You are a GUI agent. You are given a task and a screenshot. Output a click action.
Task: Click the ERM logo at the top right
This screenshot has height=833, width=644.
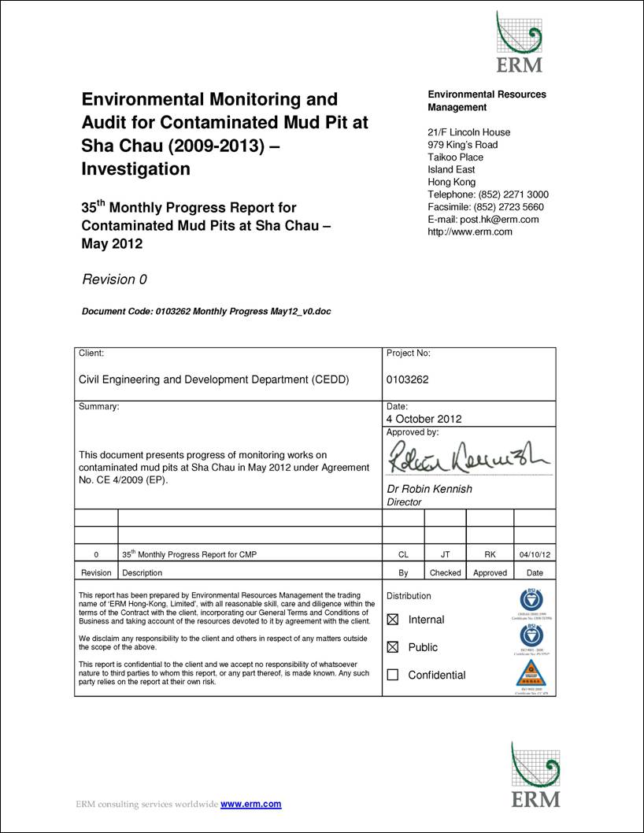pos(519,43)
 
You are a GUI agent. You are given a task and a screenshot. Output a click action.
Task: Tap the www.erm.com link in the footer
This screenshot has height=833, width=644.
pos(250,804)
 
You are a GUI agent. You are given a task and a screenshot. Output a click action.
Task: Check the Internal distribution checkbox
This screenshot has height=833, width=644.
pos(393,620)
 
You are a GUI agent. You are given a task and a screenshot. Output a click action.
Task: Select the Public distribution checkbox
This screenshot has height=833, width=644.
pos(393,647)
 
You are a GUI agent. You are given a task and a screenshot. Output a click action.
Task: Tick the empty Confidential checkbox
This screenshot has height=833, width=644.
pos(393,675)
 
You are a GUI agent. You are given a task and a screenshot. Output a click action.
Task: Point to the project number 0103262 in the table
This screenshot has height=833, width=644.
pos(407,379)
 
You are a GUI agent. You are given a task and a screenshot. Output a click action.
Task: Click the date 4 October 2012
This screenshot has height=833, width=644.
pos(424,419)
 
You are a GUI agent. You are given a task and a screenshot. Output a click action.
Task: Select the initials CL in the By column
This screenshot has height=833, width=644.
pos(403,555)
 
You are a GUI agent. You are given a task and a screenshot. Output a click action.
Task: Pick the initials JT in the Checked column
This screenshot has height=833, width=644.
pos(445,555)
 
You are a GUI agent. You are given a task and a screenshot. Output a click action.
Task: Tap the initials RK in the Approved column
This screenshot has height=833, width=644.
pos(490,555)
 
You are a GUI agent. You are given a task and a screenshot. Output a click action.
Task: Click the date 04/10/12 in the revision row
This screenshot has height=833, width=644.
pos(535,555)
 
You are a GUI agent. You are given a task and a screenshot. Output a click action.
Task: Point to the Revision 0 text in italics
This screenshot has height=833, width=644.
pos(114,280)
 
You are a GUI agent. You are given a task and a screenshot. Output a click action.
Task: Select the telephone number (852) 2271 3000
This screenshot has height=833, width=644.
pos(513,194)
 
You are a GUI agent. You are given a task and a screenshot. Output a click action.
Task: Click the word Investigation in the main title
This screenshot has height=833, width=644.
pos(136,169)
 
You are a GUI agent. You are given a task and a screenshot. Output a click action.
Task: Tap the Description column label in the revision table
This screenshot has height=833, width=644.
pos(142,573)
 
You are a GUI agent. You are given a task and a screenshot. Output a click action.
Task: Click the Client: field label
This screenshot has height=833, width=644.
pos(91,354)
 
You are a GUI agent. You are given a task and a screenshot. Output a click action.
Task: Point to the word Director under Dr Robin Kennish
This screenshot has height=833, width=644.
pos(405,502)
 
